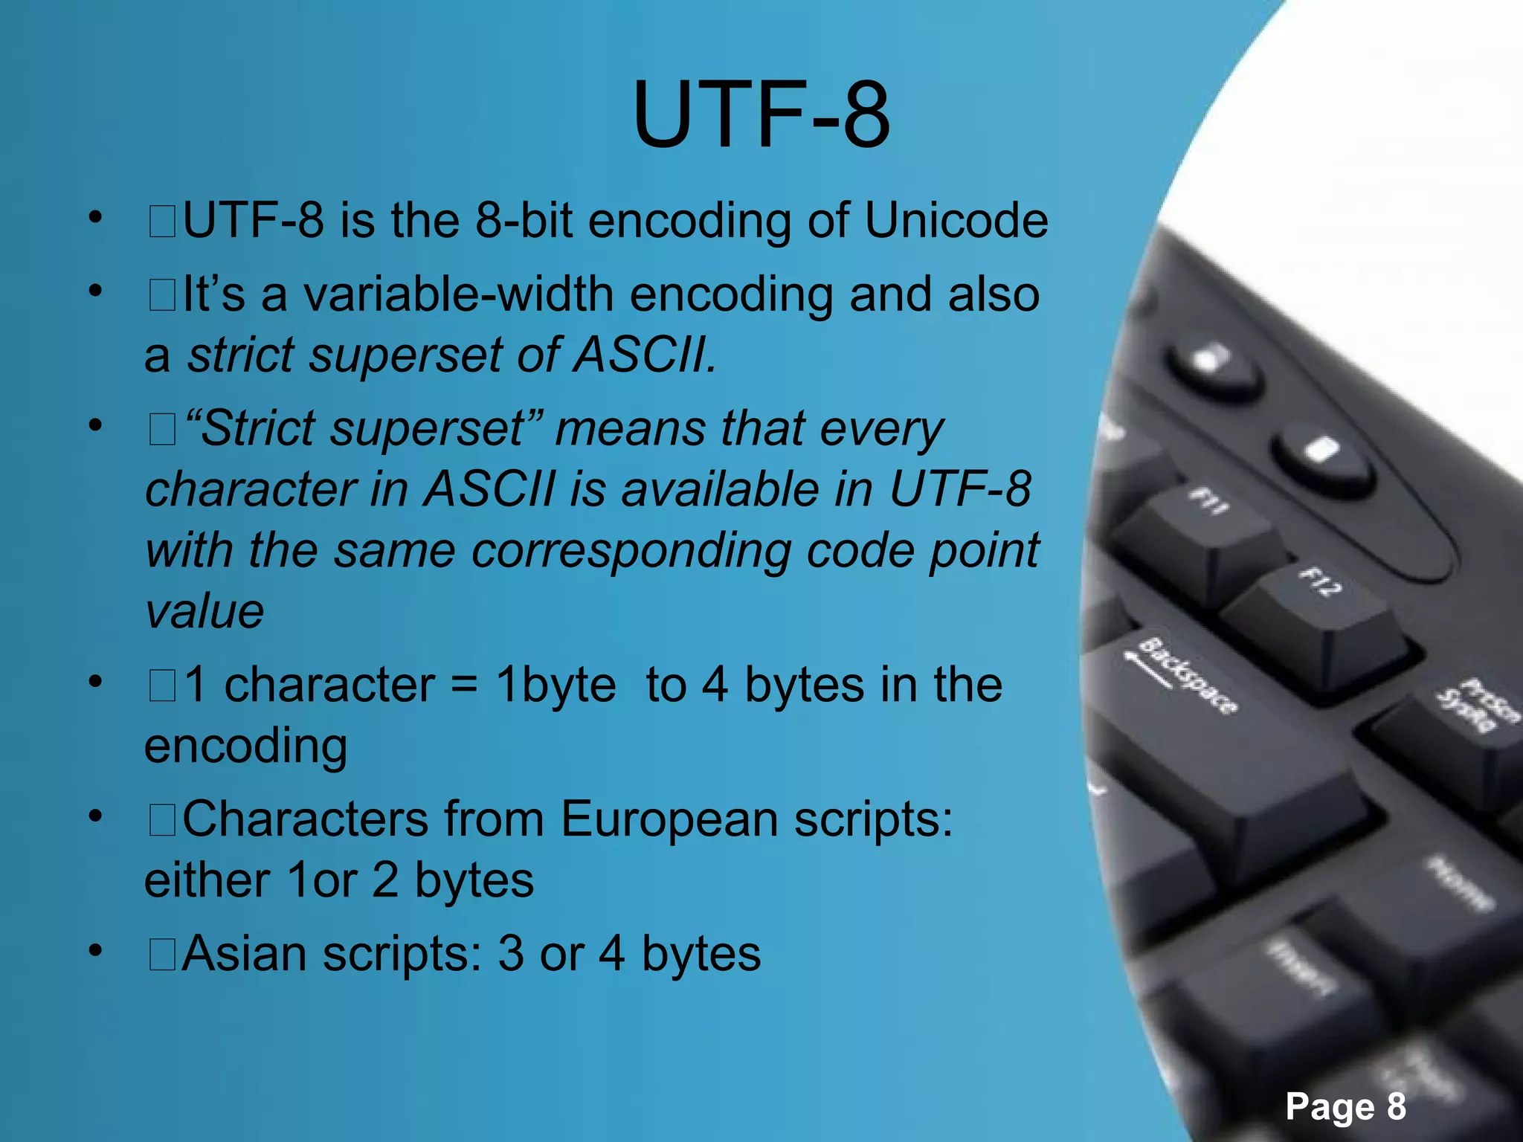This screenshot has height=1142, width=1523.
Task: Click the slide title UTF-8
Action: pos(761,115)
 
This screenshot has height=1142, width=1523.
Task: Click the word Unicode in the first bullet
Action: pos(956,221)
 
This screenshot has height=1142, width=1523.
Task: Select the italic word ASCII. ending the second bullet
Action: pos(644,355)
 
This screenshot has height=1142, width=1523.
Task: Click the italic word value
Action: pos(205,612)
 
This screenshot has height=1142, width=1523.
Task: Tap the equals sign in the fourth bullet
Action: pos(464,685)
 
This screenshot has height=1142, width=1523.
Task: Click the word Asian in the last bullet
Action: pos(244,954)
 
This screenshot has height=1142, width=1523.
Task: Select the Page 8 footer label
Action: pos(1345,1106)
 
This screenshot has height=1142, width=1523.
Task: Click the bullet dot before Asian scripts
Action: pos(94,950)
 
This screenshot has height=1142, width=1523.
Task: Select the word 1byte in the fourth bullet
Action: pos(556,685)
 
